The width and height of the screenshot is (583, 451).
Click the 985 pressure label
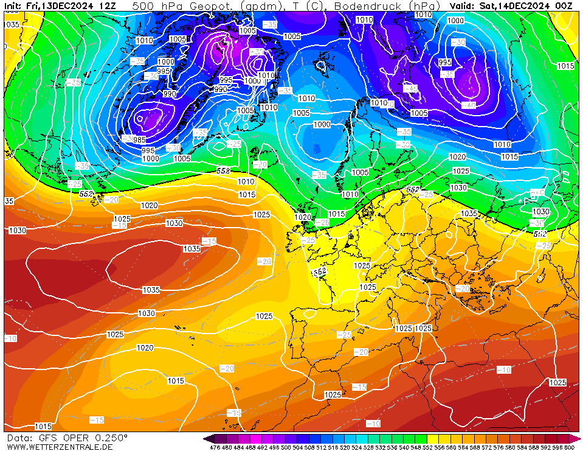click(x=139, y=140)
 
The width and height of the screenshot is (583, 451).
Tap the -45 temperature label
click(x=413, y=88)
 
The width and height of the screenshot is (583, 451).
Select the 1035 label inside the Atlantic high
click(x=192, y=249)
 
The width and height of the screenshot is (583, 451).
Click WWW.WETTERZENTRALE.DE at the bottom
click(x=59, y=447)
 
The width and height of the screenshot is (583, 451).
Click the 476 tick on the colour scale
click(x=214, y=447)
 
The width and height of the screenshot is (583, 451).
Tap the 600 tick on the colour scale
click(x=570, y=447)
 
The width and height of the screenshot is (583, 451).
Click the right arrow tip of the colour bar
click(x=579, y=439)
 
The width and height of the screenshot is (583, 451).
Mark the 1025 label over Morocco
click(x=333, y=395)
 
